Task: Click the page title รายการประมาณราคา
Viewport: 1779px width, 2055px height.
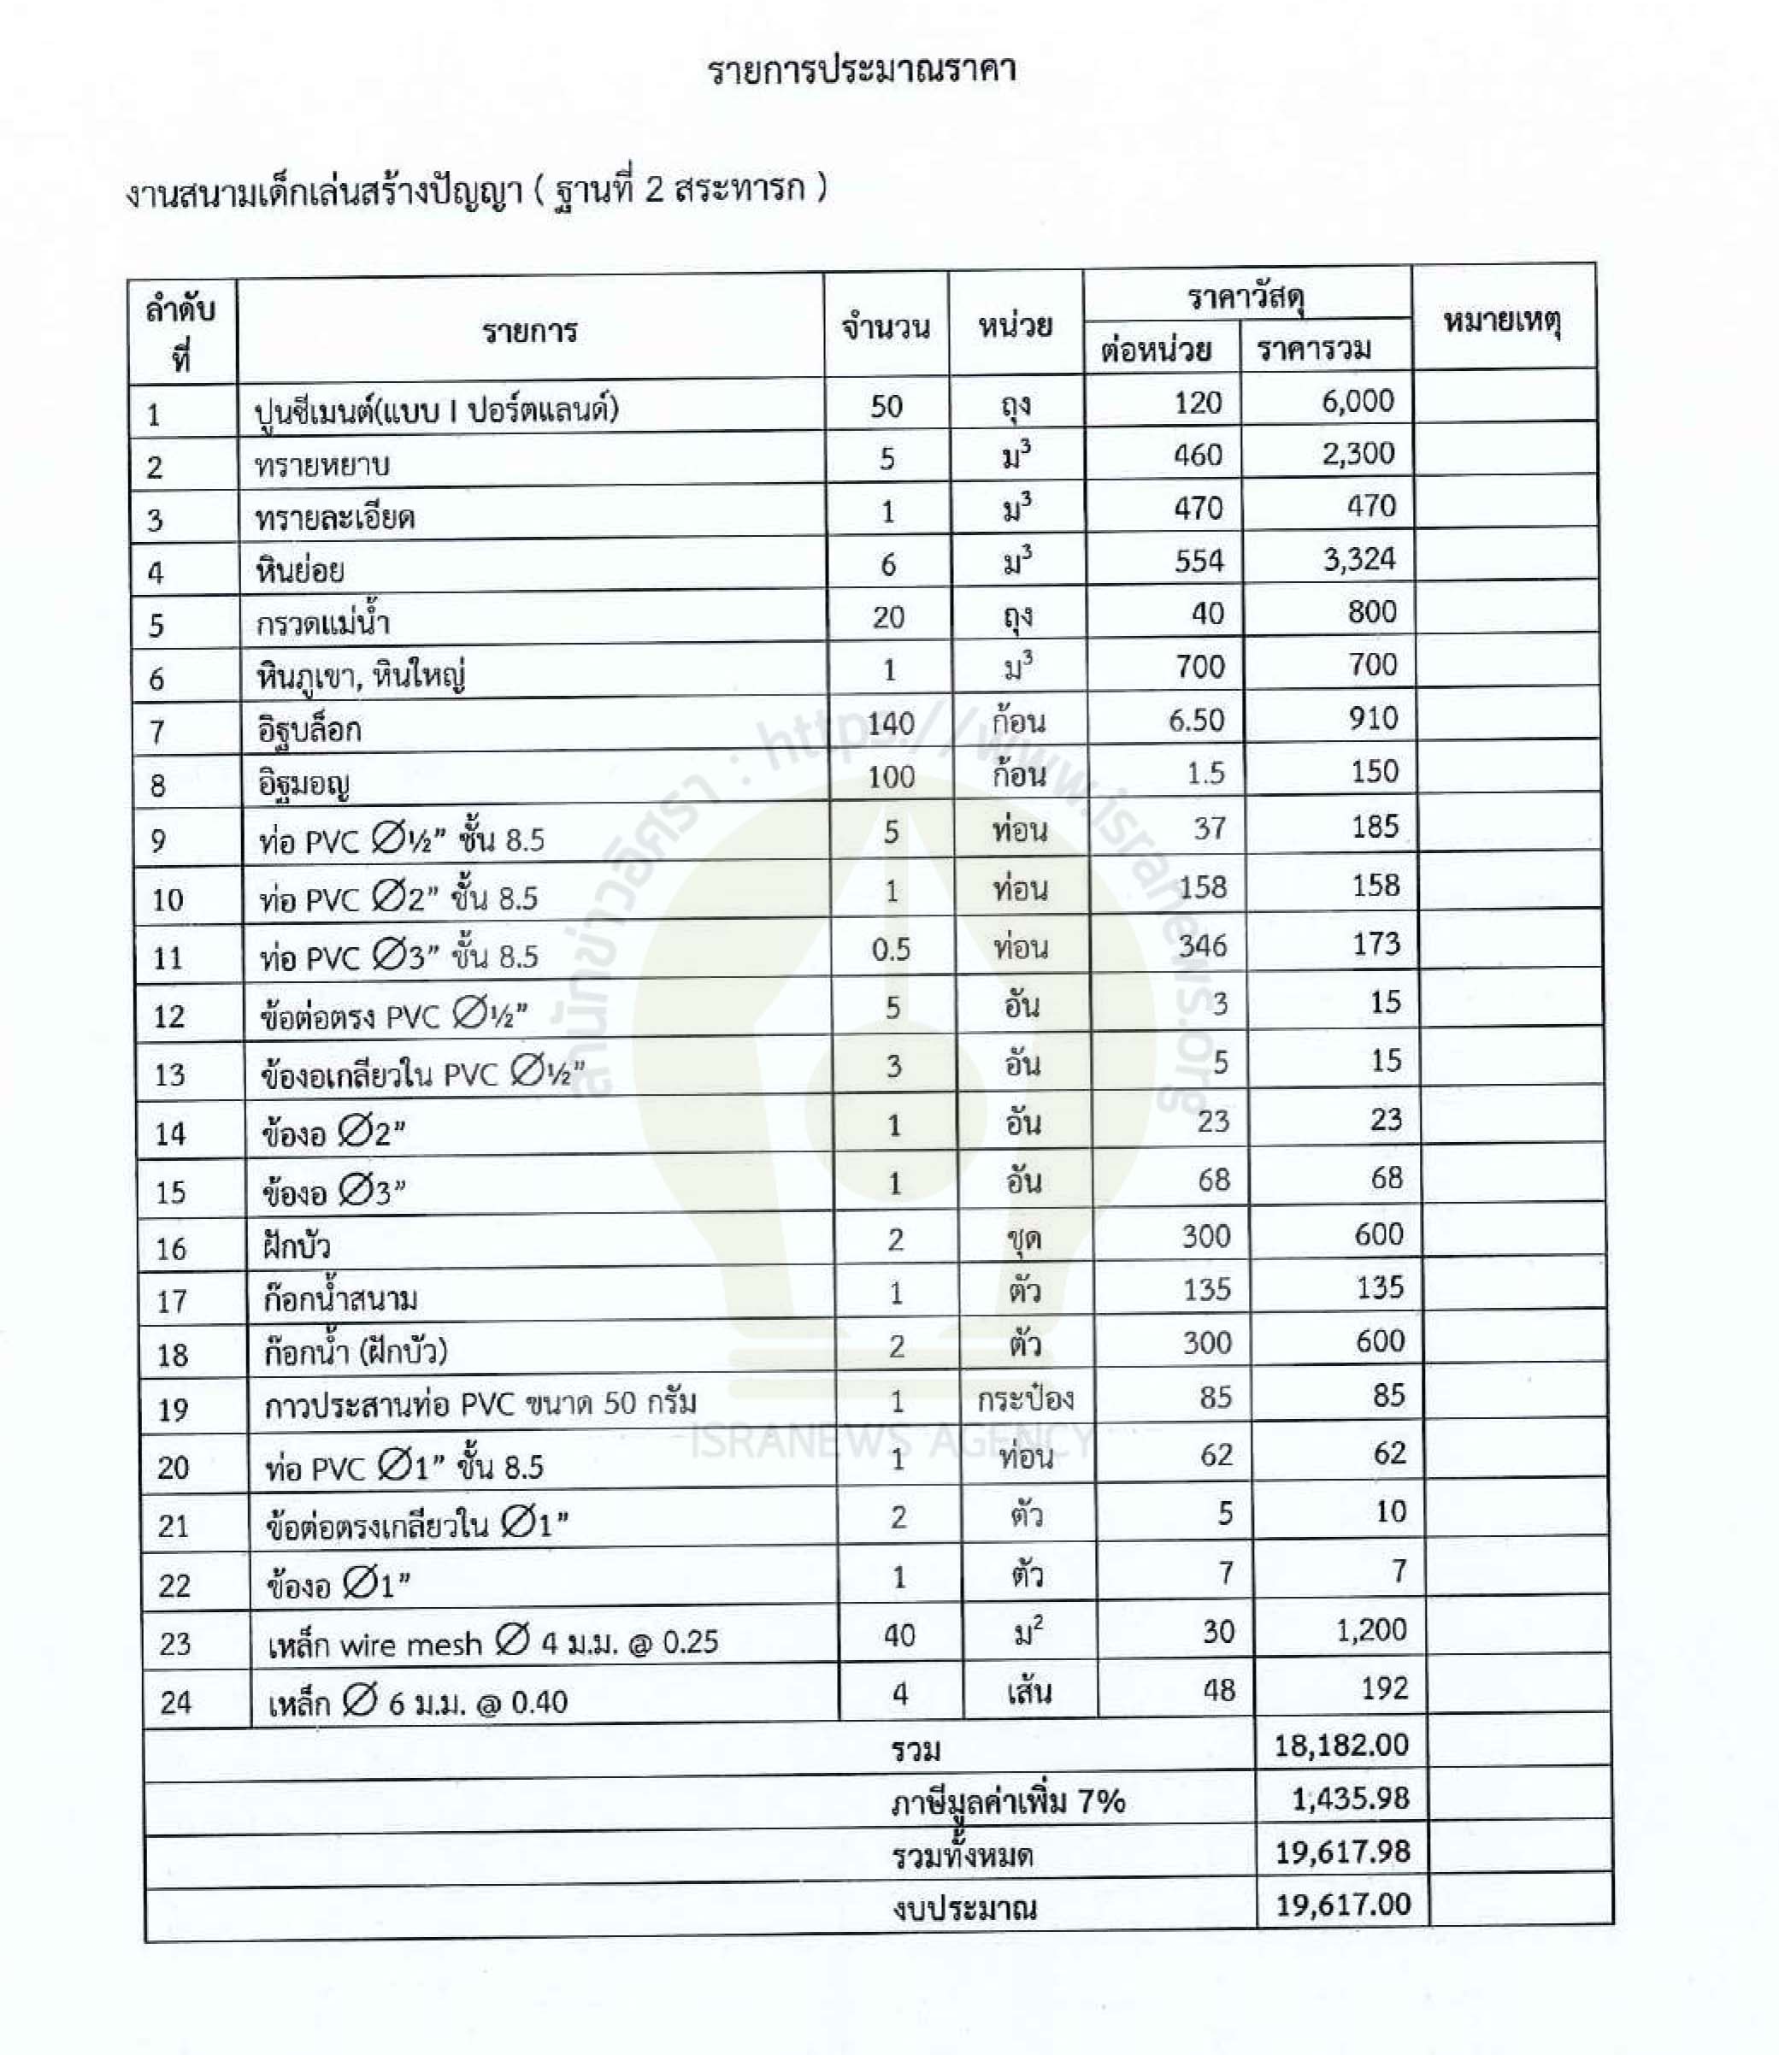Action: (x=862, y=70)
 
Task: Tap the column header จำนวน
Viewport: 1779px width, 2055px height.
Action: (x=886, y=327)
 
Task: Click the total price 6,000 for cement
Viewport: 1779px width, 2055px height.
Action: (x=1358, y=401)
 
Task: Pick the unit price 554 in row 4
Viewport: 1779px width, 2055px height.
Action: (x=1199, y=561)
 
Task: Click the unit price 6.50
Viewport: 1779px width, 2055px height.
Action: (x=1195, y=720)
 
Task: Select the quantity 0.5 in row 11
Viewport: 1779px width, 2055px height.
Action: (x=891, y=950)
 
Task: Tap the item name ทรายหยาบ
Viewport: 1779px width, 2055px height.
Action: (x=321, y=465)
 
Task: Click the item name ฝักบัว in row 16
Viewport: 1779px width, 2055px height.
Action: (x=297, y=1245)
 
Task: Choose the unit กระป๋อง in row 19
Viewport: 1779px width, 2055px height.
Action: (x=1024, y=1398)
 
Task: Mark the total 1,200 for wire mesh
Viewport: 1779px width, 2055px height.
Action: (x=1371, y=1630)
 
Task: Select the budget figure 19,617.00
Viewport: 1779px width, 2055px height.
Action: (x=1342, y=1904)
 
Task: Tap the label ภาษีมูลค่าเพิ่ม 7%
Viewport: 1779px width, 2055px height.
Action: (x=1007, y=1801)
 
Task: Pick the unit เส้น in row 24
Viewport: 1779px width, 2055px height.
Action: (x=1028, y=1692)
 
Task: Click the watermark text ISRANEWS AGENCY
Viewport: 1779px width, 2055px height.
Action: (x=892, y=1440)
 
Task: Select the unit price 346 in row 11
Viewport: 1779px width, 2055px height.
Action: (x=1202, y=945)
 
